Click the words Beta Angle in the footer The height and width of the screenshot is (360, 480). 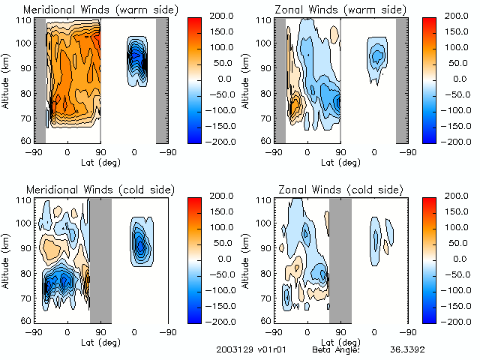coord(336,349)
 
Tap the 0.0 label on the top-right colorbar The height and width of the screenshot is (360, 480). coord(457,78)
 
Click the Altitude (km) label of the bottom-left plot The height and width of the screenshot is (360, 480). coord(7,259)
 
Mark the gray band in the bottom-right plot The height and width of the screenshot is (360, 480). coord(340,259)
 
